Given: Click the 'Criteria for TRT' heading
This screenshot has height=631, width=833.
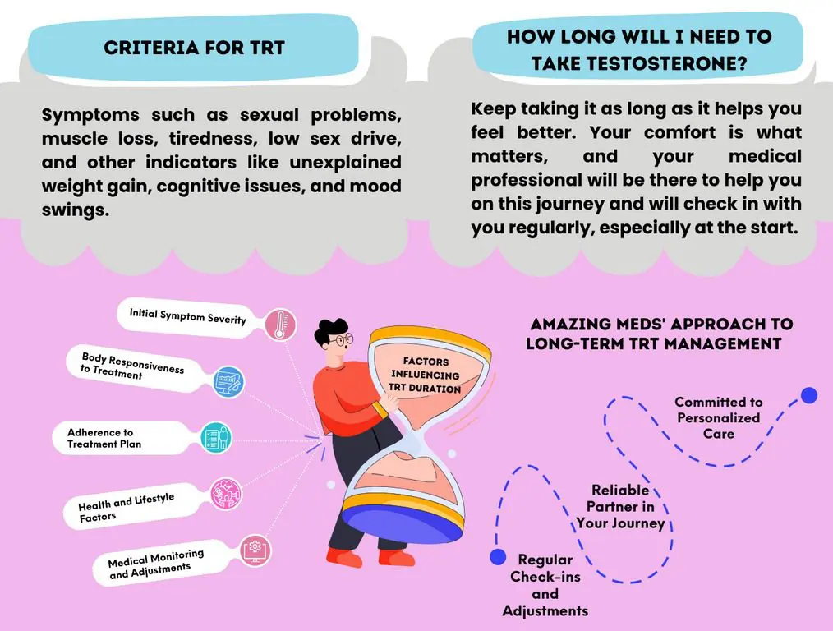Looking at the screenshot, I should tap(194, 47).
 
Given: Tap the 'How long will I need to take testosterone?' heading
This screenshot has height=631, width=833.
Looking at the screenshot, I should tap(638, 49).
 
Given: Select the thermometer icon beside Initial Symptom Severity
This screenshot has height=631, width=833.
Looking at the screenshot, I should tap(280, 325).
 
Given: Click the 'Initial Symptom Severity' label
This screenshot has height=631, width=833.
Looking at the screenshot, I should tap(187, 315).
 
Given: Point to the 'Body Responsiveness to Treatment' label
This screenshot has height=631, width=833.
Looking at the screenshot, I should tap(131, 366).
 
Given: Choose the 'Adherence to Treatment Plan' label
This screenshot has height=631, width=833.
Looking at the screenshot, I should tap(104, 438).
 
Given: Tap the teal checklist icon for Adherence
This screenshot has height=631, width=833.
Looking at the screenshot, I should tap(215, 437).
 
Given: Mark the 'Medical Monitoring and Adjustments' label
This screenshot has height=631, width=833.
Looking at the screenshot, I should tap(155, 564).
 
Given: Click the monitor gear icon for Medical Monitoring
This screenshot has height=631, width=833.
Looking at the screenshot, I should tap(255, 549).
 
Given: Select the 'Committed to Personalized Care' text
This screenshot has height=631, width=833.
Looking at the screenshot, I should tap(718, 417).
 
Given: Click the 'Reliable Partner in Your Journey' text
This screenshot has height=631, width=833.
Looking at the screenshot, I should tap(620, 506).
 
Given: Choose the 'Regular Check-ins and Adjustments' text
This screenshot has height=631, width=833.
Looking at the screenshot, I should tap(545, 585).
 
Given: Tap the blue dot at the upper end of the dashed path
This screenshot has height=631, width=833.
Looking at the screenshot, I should tap(809, 395).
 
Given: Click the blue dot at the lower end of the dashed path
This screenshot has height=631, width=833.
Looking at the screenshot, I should tap(497, 557).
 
